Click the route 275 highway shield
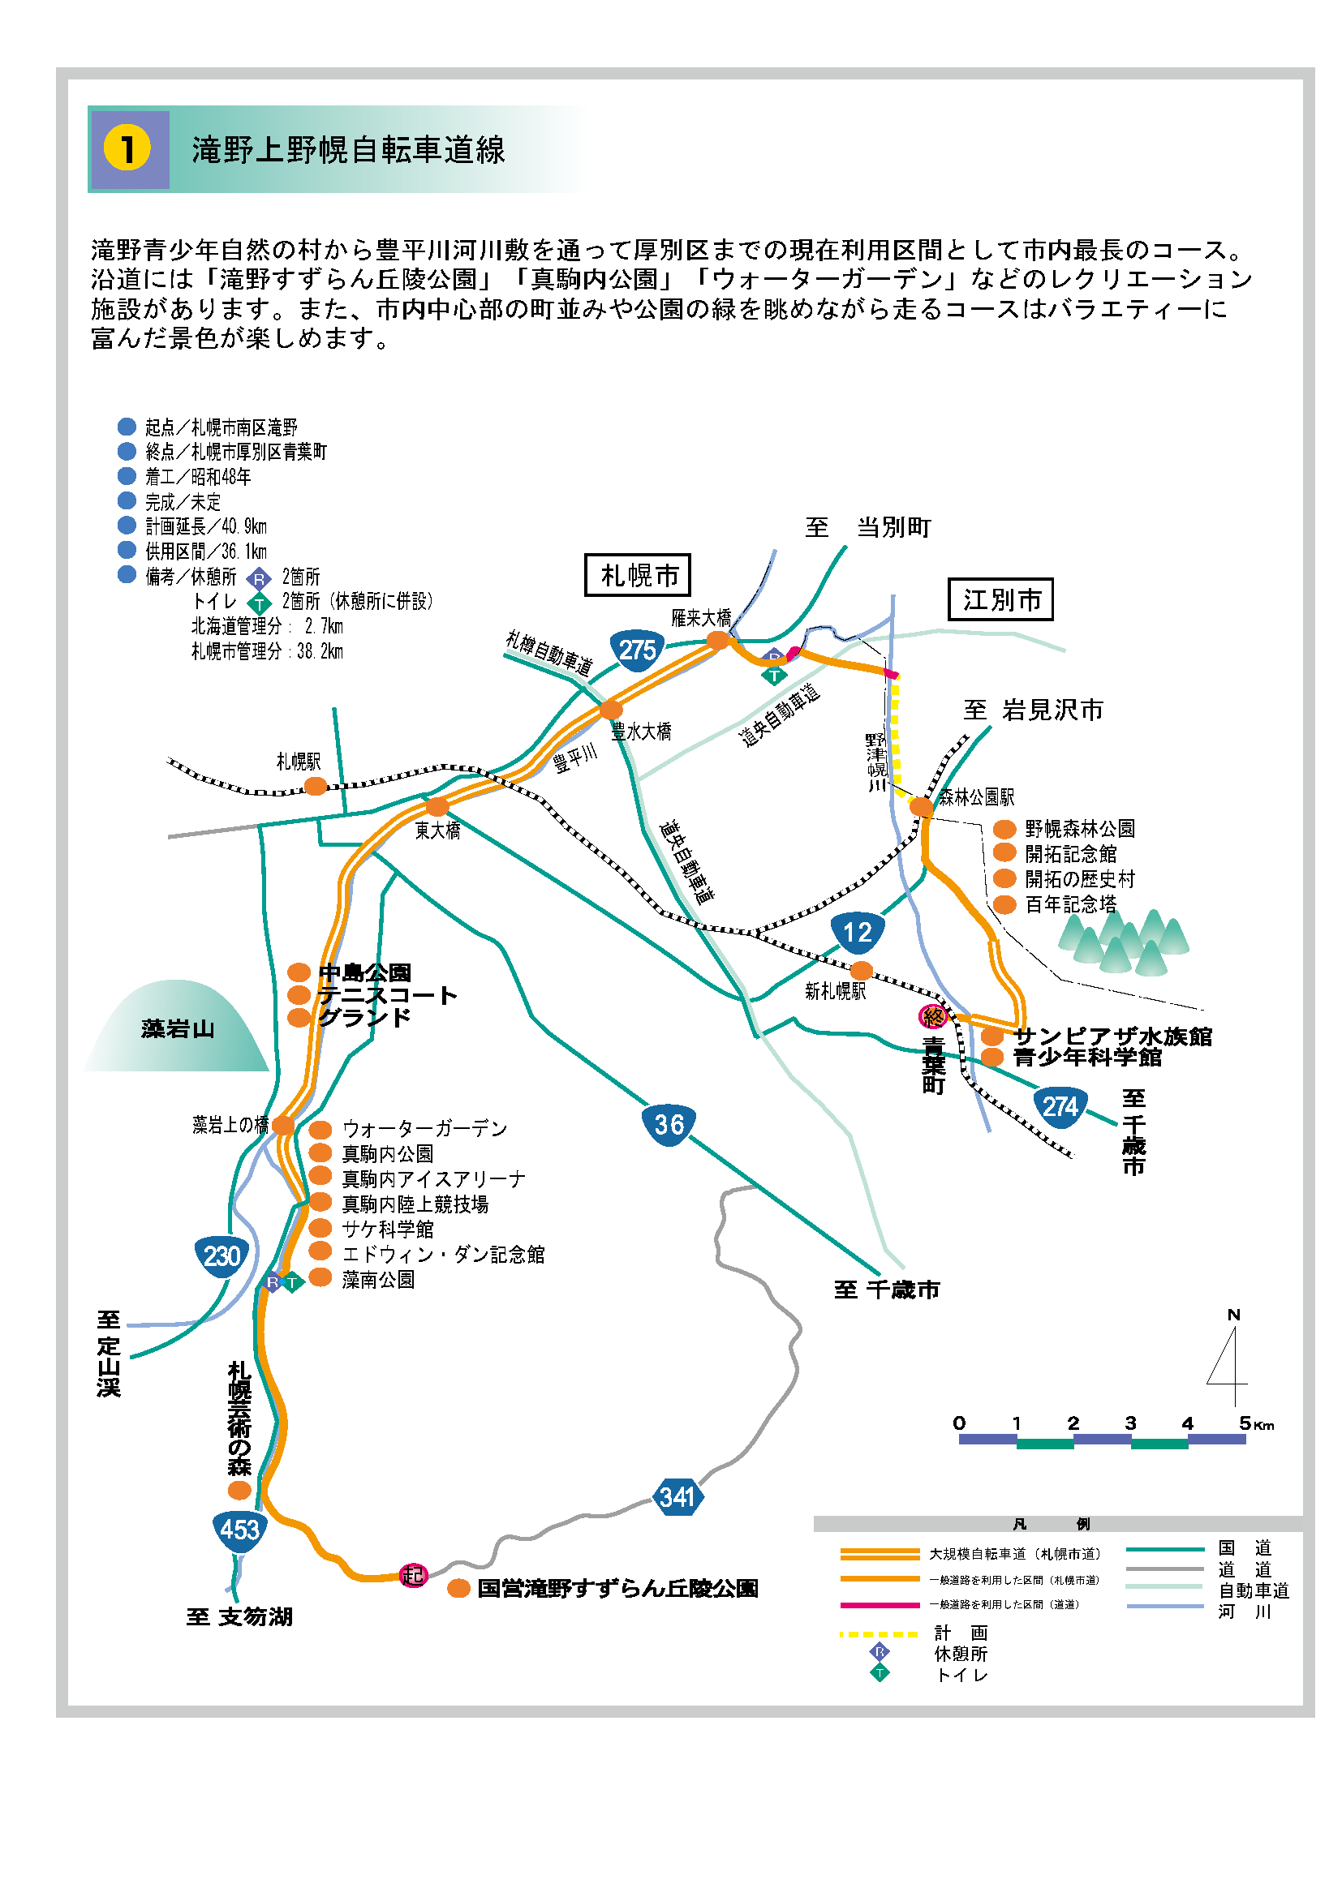[x=637, y=650]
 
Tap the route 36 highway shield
[x=669, y=1123]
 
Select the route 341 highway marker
[x=677, y=1496]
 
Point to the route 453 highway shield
[x=239, y=1529]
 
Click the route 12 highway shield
[x=857, y=932]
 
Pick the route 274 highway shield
[x=1060, y=1106]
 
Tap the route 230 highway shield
[x=222, y=1255]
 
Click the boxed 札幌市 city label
[x=637, y=575]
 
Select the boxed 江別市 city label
[x=1000, y=599]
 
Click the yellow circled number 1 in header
[x=127, y=149]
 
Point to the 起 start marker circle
[x=412, y=1575]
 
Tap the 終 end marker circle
[x=933, y=1016]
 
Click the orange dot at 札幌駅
[x=316, y=786]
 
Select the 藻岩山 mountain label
[x=178, y=1028]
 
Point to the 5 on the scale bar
[x=1245, y=1423]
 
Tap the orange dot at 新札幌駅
[x=861, y=970]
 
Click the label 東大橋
[x=437, y=830]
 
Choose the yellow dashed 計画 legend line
[x=879, y=1634]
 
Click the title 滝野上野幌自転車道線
[x=348, y=150]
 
